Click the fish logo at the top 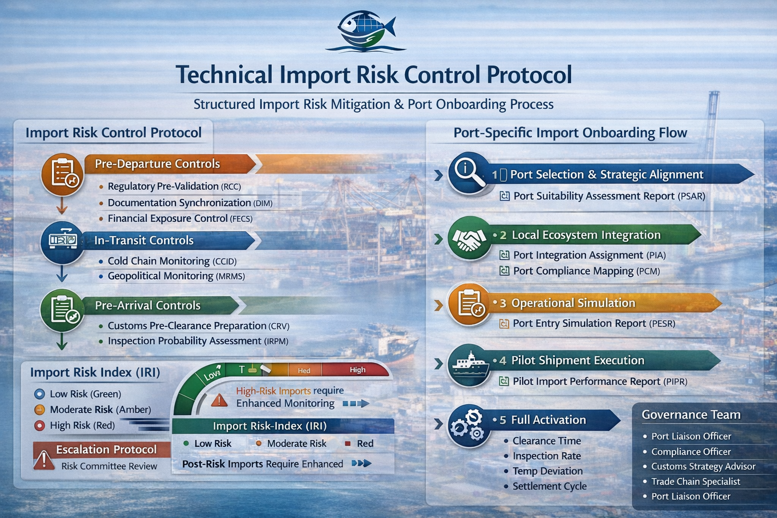365,31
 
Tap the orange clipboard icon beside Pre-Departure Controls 62,174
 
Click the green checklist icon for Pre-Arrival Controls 62,310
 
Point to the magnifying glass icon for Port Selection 468,172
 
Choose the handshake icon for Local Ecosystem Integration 468,238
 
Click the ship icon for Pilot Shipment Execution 468,365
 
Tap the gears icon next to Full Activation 468,425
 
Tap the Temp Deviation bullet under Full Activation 547,471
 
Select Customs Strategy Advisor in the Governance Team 703,466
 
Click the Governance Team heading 691,415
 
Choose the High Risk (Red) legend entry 82,425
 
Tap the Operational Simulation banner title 573,303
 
